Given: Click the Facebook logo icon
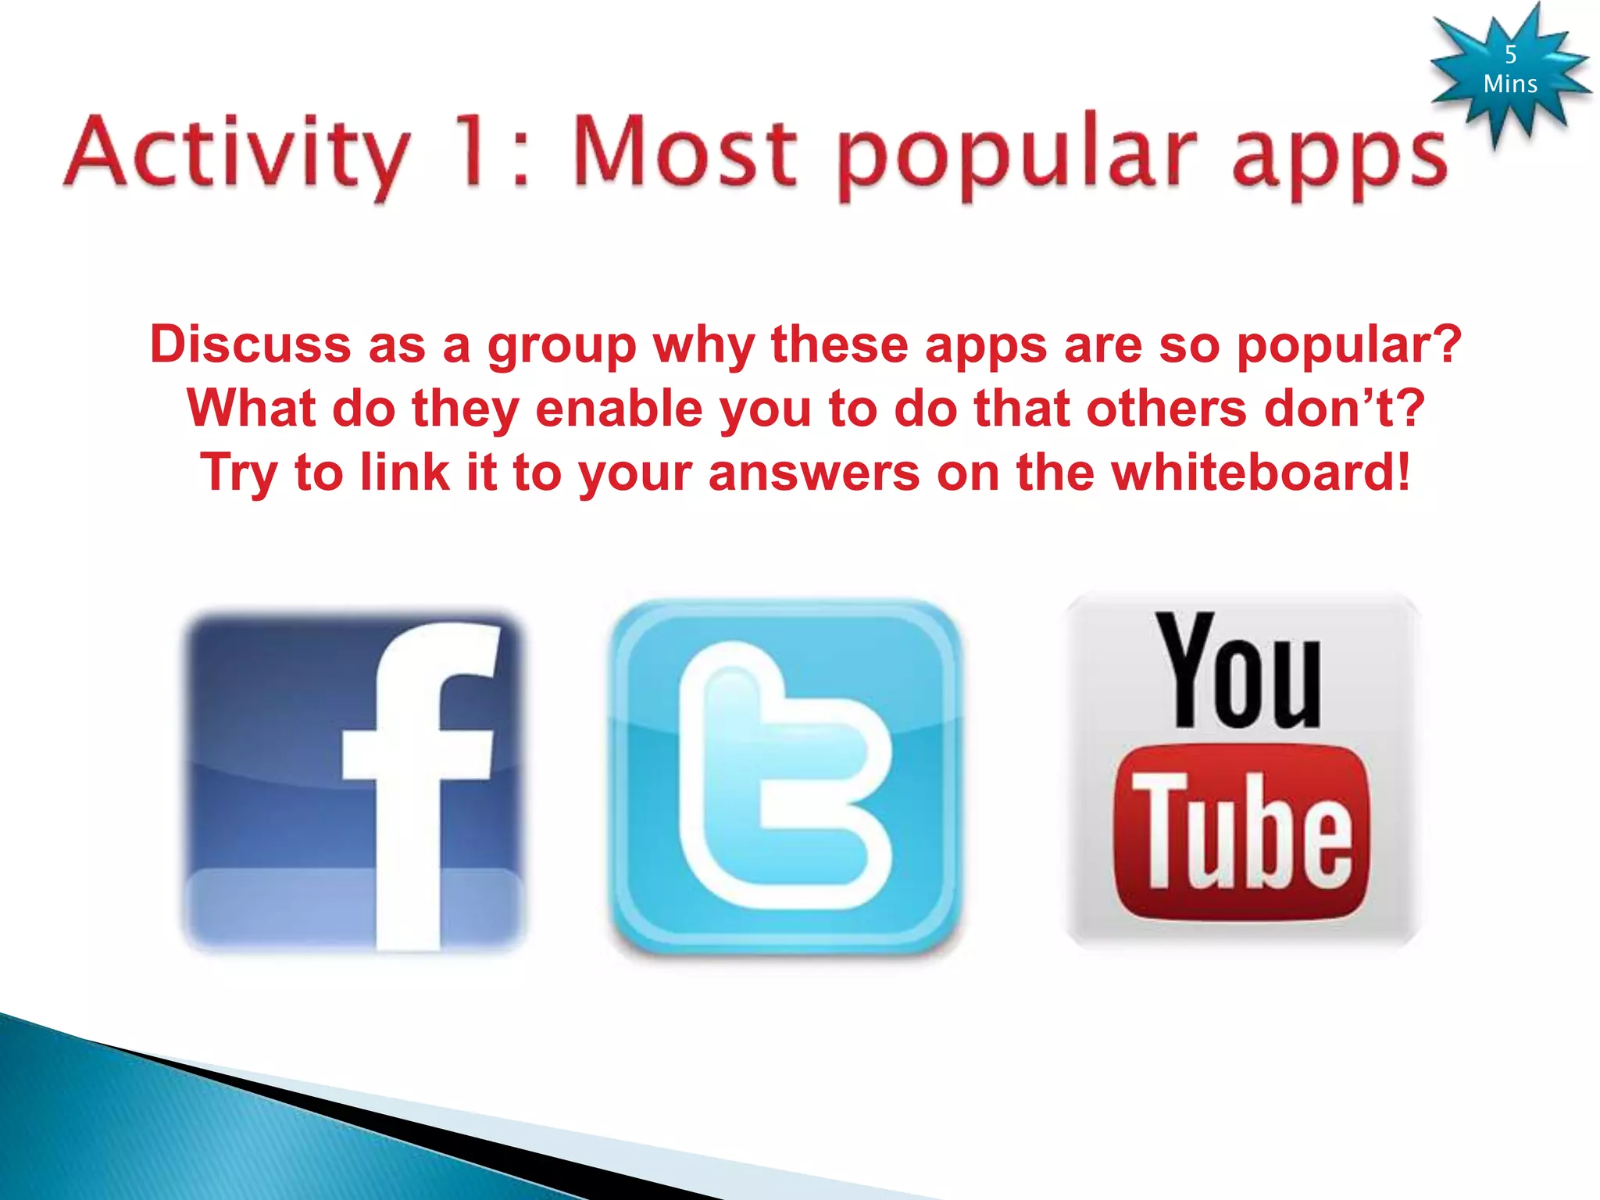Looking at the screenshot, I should point(353,781).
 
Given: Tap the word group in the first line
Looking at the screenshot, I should point(562,347).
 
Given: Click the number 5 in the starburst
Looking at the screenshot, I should point(1510,55).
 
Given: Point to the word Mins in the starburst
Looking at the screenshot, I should point(1510,84).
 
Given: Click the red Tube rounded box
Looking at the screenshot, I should point(1241,831).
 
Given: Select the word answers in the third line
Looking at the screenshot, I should point(813,473).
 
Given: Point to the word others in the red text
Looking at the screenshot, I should point(1166,409).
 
